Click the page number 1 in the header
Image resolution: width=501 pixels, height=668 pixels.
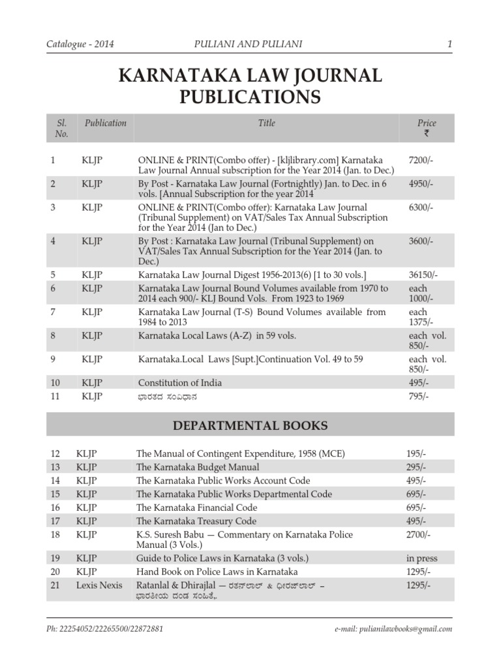click(x=449, y=44)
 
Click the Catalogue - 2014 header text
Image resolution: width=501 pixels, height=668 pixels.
click(x=80, y=44)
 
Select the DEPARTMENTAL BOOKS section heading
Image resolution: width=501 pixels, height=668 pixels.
click(x=250, y=426)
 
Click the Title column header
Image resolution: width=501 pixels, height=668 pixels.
click(x=266, y=123)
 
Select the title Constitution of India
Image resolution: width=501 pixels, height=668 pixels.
click(x=179, y=382)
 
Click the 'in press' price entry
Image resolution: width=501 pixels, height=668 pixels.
click(x=421, y=558)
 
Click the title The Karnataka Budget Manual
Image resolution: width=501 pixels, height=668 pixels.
click(x=197, y=467)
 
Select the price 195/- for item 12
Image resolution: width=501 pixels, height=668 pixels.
click(x=416, y=453)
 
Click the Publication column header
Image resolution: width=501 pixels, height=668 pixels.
click(x=105, y=123)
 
